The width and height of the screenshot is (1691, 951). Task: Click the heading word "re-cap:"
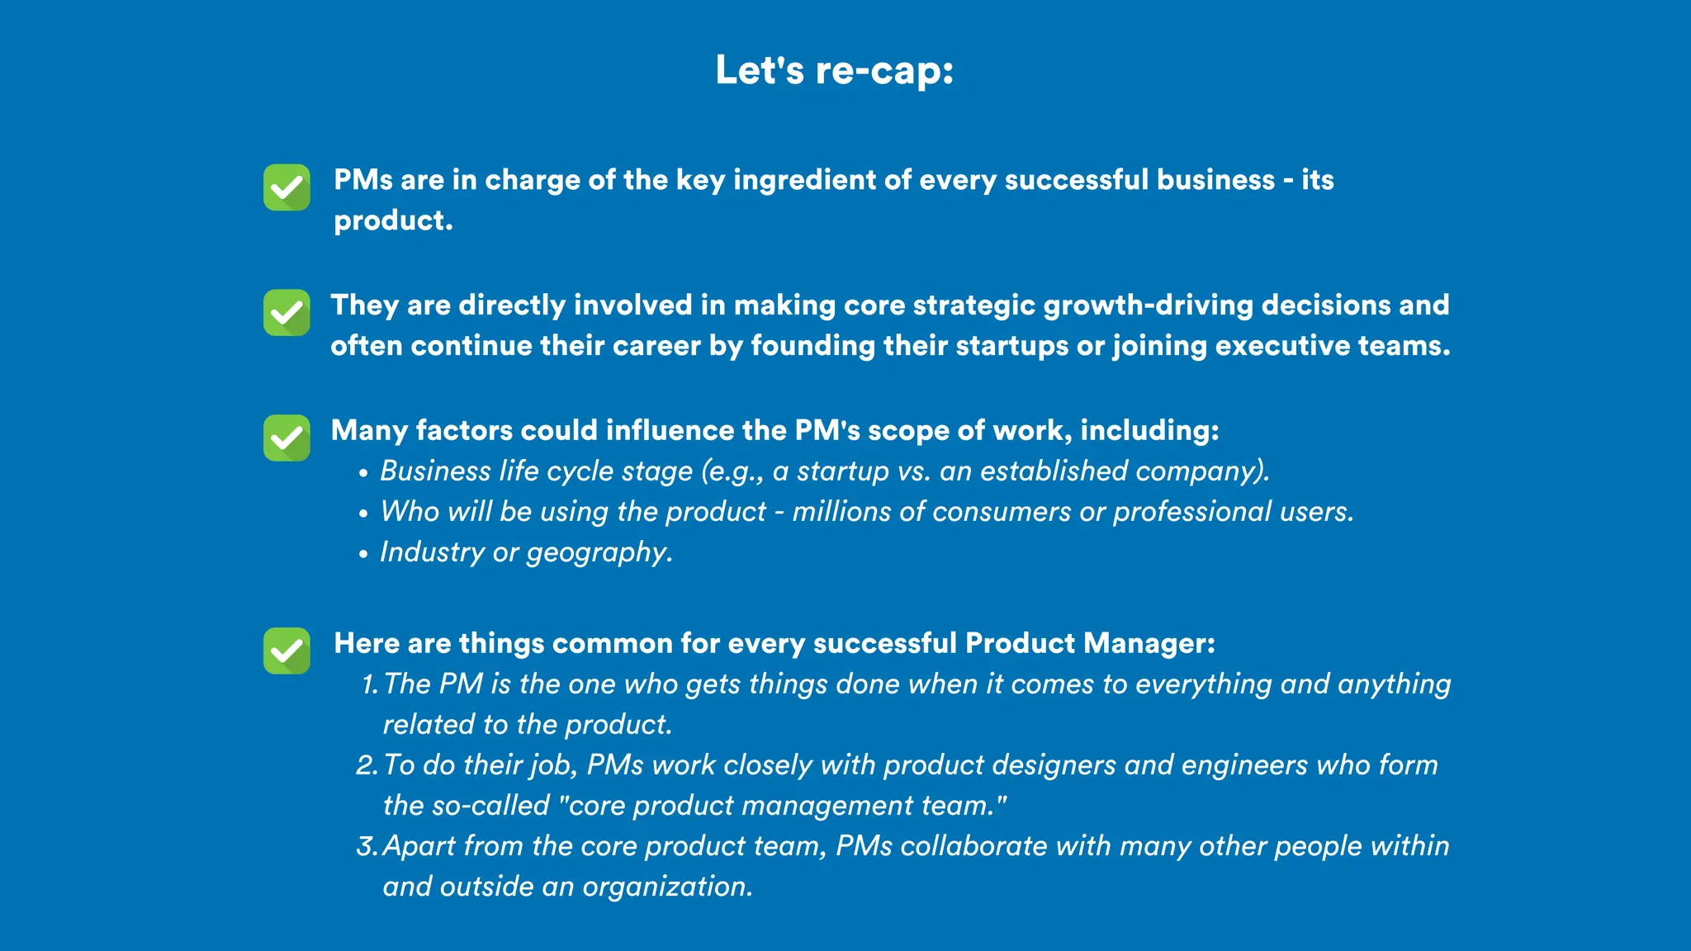coord(884,70)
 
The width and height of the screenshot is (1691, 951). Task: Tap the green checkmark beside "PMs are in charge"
coord(287,187)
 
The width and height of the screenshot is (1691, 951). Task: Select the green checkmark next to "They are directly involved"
coord(287,313)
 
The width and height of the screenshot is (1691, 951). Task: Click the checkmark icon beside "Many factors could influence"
coord(287,438)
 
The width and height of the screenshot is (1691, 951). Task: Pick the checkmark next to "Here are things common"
coord(287,651)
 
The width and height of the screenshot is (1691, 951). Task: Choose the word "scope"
coord(908,431)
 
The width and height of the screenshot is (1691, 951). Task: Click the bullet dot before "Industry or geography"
coord(363,554)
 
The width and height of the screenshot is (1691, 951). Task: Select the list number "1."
coord(369,684)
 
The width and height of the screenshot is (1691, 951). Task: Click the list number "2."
coord(367,765)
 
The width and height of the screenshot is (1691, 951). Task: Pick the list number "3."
coord(367,846)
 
